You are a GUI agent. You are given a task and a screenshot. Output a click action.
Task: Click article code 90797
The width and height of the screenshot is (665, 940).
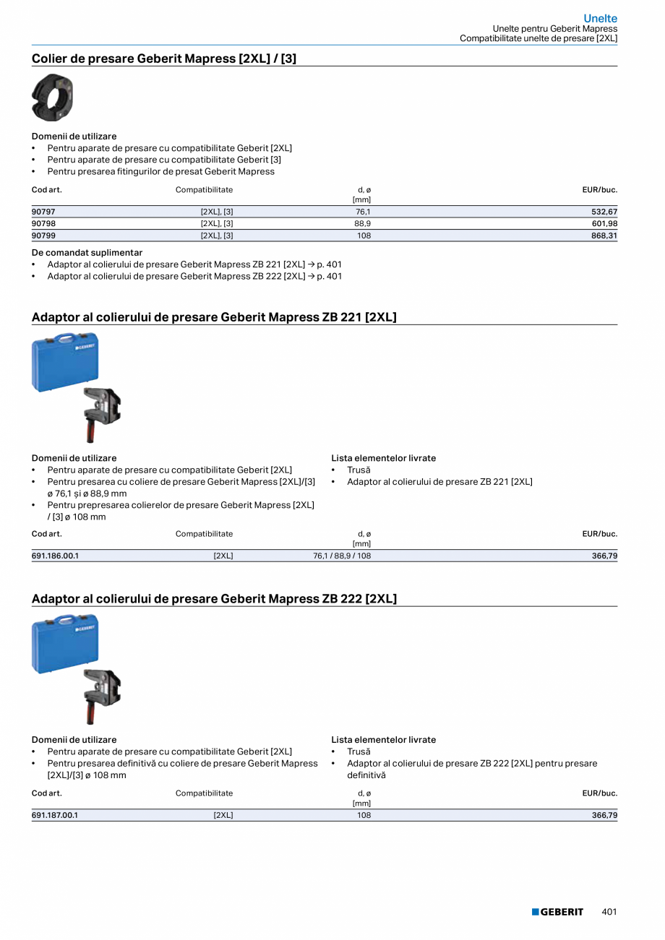43,212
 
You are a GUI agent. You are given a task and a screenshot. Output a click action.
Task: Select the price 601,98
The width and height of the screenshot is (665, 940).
604,224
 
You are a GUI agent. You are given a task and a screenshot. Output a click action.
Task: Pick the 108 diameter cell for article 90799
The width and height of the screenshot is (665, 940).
364,236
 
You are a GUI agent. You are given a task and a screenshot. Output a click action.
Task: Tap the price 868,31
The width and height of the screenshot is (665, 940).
604,236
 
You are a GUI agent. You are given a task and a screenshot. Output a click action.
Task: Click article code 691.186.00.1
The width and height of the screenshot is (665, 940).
55,556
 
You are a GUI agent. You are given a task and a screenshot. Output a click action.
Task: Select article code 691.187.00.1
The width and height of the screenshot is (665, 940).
55,815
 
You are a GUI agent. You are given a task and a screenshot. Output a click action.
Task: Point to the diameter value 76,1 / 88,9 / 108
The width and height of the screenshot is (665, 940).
342,556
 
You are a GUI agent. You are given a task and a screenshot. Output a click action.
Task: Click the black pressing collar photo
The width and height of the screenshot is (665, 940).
52,98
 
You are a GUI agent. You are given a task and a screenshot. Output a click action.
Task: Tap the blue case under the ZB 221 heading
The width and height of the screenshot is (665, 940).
65,362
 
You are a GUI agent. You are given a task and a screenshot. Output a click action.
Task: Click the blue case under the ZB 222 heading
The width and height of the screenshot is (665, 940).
65,644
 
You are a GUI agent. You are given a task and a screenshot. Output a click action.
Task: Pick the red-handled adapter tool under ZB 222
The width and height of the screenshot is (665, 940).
101,695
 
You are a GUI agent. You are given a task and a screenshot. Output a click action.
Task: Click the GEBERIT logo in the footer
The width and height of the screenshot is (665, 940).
557,912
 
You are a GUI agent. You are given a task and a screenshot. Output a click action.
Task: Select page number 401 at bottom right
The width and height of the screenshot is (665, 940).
609,912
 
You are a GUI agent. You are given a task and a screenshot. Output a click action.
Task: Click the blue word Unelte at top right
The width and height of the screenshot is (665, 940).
601,18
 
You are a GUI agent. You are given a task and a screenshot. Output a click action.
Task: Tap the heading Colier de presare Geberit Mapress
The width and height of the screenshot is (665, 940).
164,58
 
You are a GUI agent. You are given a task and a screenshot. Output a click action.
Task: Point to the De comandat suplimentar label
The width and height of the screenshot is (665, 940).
87,253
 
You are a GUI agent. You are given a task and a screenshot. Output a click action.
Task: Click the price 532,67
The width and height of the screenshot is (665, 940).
604,212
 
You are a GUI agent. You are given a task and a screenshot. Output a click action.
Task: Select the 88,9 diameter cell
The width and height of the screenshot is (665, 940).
364,224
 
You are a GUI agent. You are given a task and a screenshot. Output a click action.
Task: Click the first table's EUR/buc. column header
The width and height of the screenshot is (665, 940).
599,190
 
